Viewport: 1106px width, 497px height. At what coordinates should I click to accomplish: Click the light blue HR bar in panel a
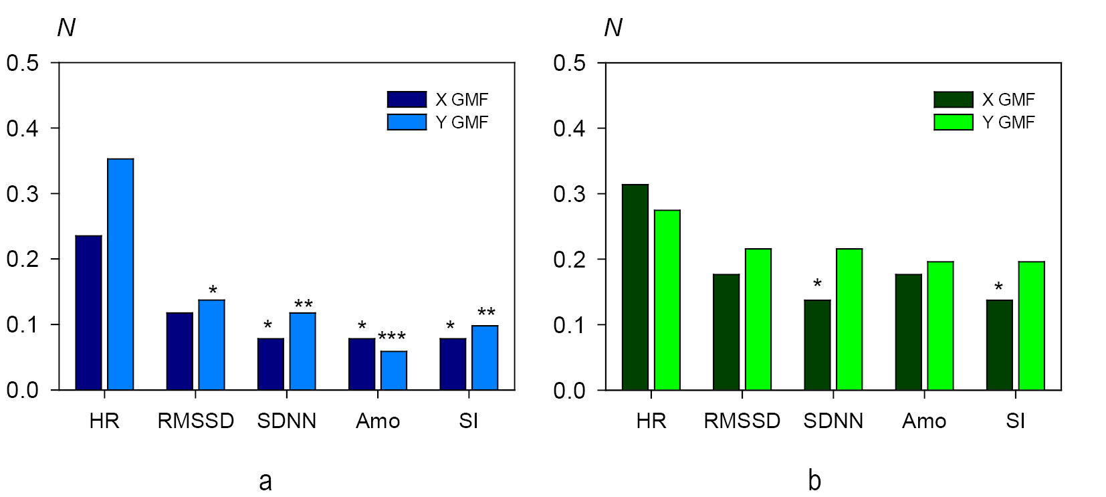[120, 274]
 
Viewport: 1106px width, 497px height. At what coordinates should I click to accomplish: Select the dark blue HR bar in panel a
[88, 312]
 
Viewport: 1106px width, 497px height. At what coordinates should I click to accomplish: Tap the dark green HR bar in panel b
[635, 287]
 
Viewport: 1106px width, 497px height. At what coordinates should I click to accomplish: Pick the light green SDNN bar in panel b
[849, 319]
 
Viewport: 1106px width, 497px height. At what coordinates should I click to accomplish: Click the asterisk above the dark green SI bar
[998, 288]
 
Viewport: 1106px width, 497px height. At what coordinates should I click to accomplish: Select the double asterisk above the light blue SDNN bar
[304, 305]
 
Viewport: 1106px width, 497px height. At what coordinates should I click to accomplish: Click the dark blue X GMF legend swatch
[407, 100]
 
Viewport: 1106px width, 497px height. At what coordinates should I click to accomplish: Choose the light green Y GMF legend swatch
[953, 122]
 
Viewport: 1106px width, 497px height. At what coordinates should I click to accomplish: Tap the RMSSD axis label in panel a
[195, 421]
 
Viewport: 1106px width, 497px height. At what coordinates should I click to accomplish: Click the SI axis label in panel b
[1015, 421]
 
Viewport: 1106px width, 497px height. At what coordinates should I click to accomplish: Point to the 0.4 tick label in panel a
[23, 128]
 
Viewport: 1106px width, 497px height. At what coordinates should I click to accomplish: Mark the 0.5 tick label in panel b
[569, 63]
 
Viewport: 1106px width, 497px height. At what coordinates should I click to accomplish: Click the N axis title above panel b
[613, 27]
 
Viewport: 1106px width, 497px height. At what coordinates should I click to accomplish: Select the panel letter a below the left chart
[265, 480]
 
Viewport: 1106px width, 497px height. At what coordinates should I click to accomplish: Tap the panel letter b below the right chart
[814, 480]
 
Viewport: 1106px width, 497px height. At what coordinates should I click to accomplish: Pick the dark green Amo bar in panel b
[908, 332]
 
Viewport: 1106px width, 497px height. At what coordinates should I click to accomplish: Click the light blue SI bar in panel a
[485, 357]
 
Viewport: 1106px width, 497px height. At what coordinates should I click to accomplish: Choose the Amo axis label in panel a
[378, 421]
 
